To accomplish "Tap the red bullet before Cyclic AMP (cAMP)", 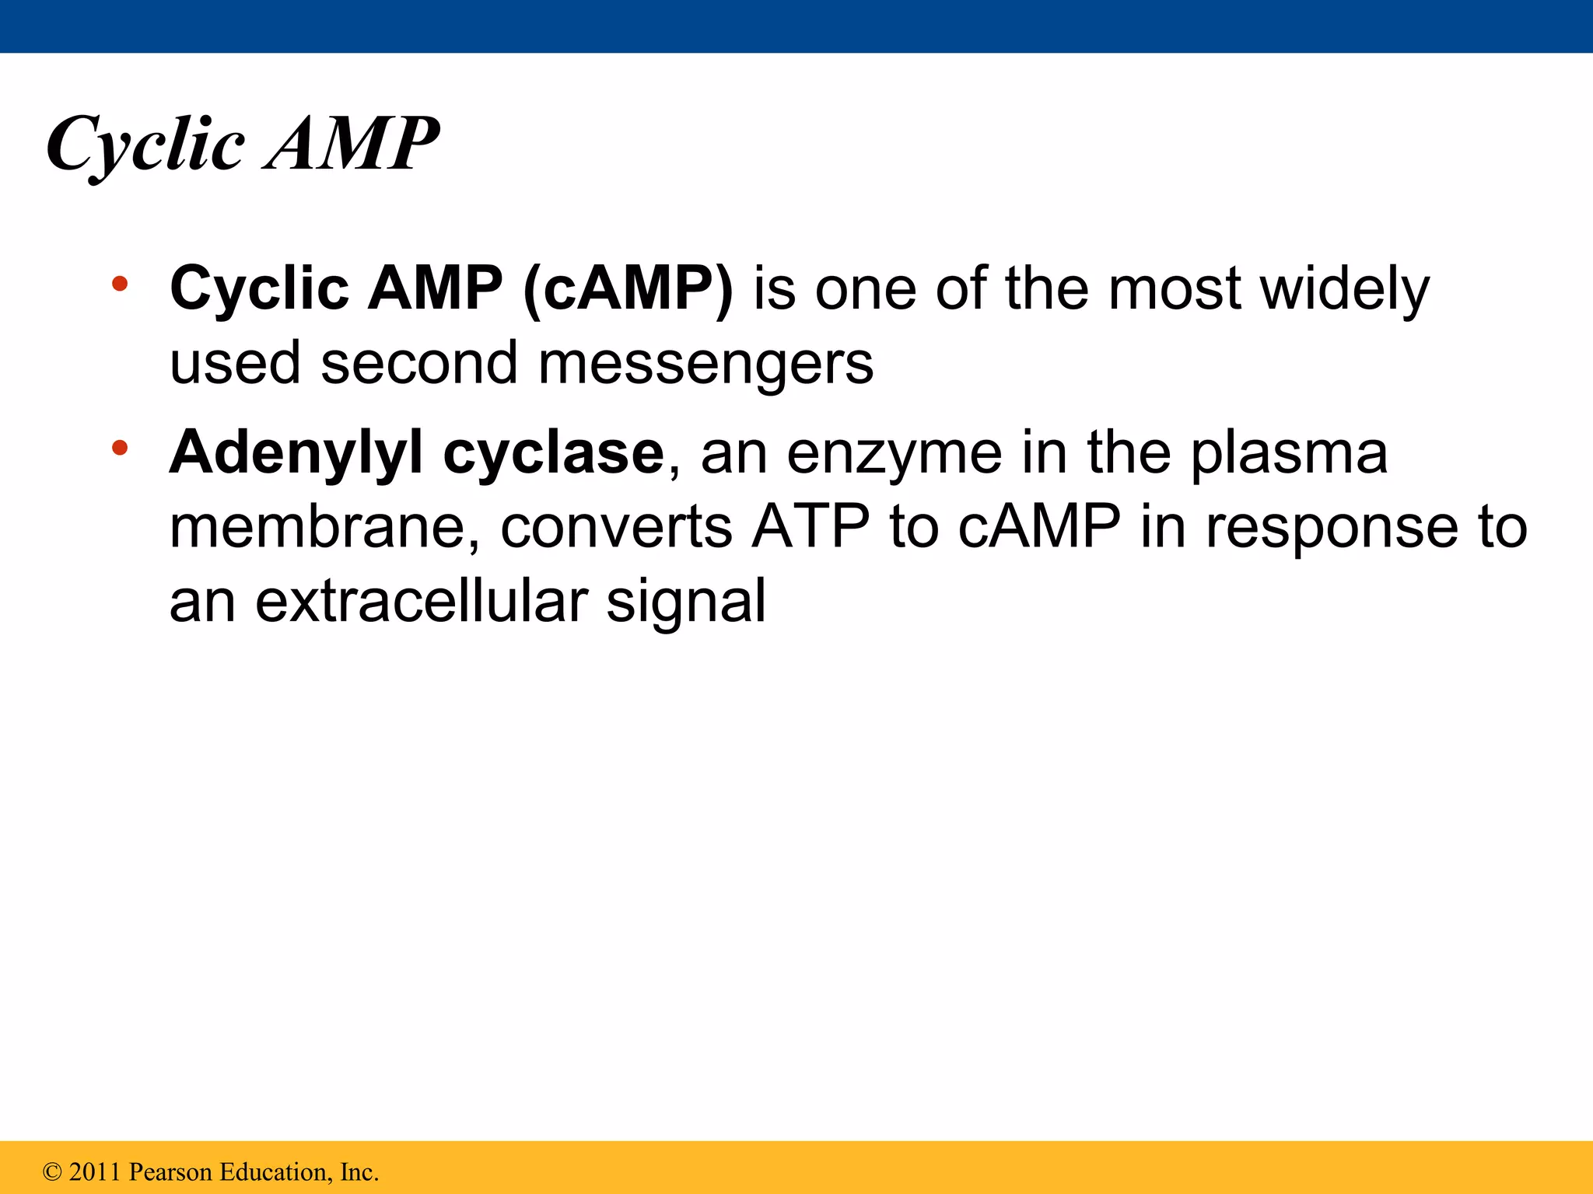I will tap(119, 284).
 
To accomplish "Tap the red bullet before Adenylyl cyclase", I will tap(119, 448).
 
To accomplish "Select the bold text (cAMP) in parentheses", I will tap(628, 288).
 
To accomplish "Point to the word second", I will tap(419, 363).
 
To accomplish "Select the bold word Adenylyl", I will tap(296, 453).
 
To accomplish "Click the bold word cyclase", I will tap(553, 453).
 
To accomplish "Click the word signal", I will tap(686, 602).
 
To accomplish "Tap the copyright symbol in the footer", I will tap(51, 1171).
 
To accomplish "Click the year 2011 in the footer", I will tap(95, 1171).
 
